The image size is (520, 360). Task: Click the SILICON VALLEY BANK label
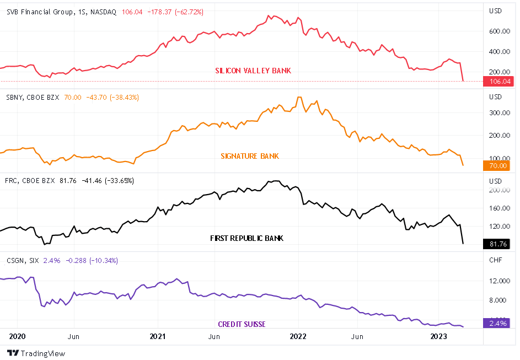pos(253,71)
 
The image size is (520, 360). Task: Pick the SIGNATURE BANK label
pos(250,156)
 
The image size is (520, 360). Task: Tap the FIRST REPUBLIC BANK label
pos(246,238)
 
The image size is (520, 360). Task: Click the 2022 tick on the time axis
pos(298,336)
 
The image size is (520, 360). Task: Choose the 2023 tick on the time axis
pos(439,336)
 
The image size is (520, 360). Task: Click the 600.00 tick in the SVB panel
pos(498,31)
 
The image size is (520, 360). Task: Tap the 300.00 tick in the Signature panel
pos(498,113)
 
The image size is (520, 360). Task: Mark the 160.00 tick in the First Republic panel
pos(498,208)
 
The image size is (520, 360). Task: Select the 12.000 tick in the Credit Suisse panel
pos(498,281)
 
